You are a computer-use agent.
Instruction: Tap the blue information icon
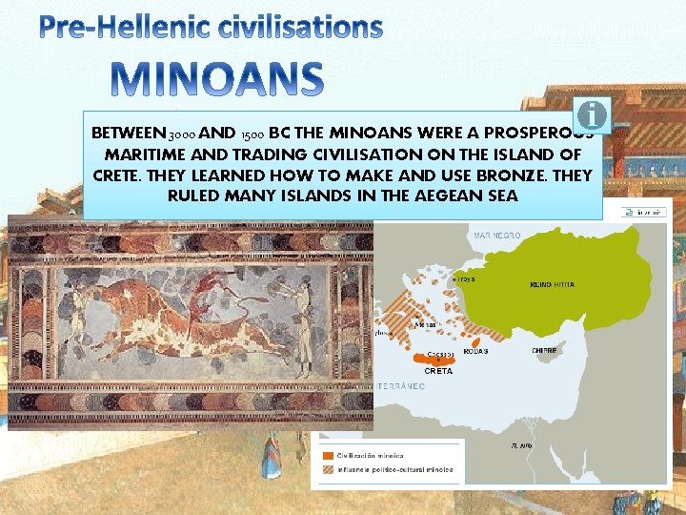point(593,114)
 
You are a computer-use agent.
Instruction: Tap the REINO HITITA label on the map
point(553,285)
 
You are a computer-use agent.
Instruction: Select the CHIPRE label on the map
point(545,350)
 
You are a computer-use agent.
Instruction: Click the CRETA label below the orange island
point(437,371)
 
